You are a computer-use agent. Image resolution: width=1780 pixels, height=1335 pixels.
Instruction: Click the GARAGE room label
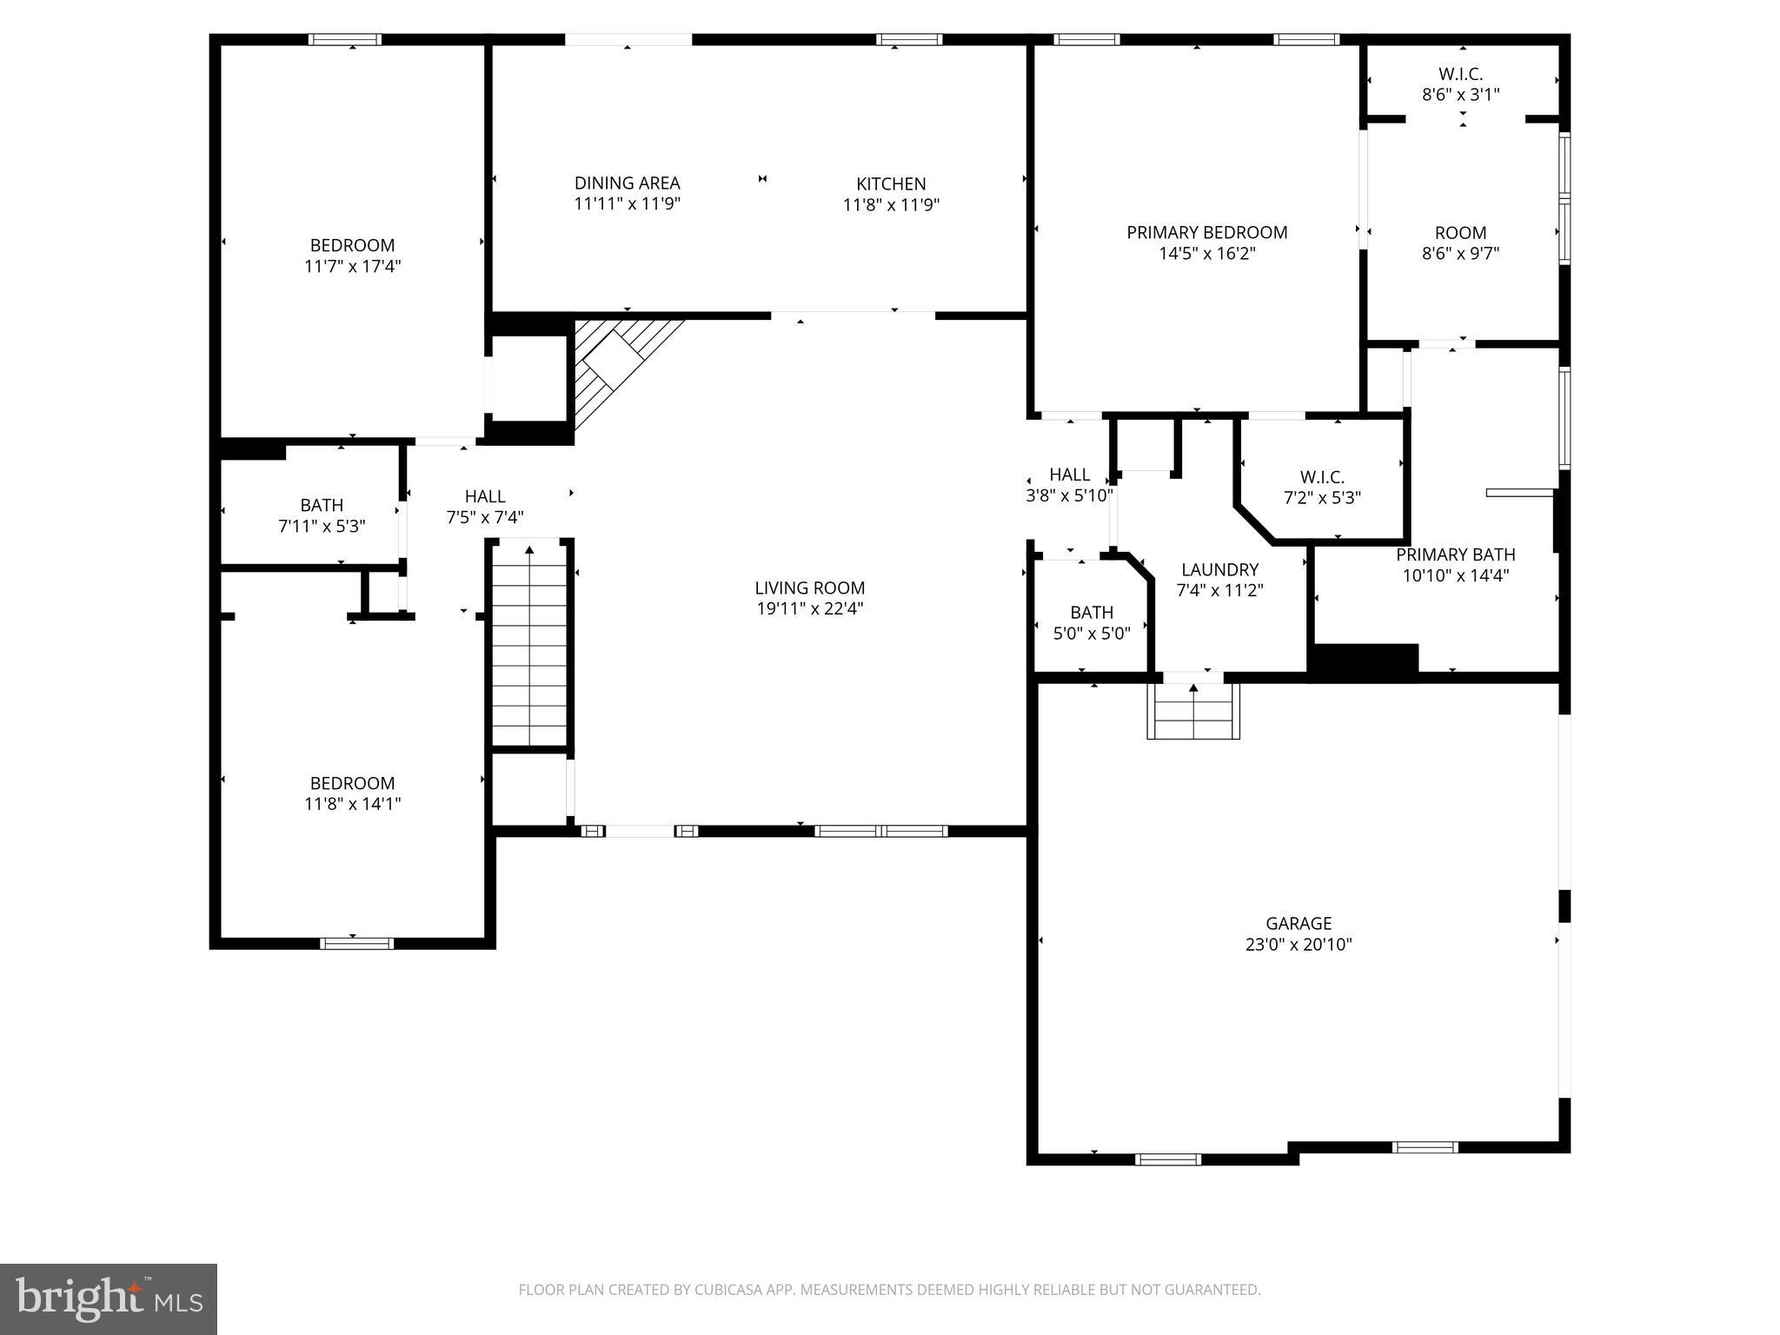pos(1298,924)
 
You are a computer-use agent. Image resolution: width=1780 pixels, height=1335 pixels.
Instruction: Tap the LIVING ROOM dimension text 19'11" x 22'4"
pos(809,609)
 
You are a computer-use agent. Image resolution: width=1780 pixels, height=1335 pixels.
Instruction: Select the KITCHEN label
pos(891,184)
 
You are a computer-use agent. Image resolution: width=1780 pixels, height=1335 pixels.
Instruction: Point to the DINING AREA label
pos(627,183)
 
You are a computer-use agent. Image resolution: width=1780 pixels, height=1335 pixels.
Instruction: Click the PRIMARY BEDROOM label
pos(1206,233)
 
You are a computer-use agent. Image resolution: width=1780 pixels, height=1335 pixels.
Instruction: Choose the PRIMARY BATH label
pos(1455,555)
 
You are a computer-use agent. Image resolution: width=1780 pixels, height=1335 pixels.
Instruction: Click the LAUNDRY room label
pos(1219,570)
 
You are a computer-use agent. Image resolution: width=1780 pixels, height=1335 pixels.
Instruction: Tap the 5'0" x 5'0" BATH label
pos(1092,622)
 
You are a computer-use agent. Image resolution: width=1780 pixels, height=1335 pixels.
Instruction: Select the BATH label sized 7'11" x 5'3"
pos(322,515)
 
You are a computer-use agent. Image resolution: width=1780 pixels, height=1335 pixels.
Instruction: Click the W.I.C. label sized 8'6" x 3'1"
pos(1460,84)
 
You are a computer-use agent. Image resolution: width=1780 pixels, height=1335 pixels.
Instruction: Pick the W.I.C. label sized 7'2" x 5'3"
pos(1322,488)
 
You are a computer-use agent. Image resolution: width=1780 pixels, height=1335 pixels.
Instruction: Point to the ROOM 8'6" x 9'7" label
pos(1460,243)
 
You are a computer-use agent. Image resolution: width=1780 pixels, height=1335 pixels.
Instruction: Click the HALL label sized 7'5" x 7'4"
pos(485,507)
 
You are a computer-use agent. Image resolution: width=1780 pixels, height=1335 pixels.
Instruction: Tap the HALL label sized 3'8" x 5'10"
pos(1069,485)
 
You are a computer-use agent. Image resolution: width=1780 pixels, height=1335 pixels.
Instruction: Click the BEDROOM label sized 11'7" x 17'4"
pos(352,256)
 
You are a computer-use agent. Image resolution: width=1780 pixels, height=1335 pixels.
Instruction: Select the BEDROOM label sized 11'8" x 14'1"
pos(352,794)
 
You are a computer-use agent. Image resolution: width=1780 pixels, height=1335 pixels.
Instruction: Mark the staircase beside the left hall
pos(529,643)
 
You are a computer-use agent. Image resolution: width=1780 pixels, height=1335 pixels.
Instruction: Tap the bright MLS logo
pos(108,1298)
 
